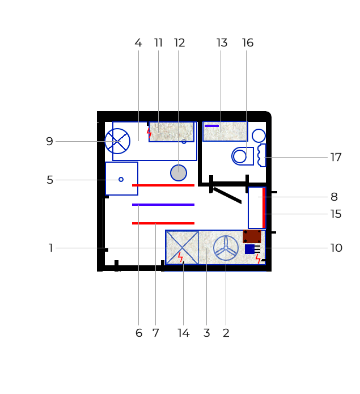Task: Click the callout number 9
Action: pos(49,142)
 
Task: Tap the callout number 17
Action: pos(336,157)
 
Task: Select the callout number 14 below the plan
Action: pos(184,333)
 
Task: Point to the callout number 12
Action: pos(180,43)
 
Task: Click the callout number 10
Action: pos(336,248)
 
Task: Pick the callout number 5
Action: pos(50,180)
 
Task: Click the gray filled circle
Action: pos(179,173)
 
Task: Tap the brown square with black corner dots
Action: pos(252,236)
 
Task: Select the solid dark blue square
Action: pos(249,249)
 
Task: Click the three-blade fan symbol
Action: pos(226,248)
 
